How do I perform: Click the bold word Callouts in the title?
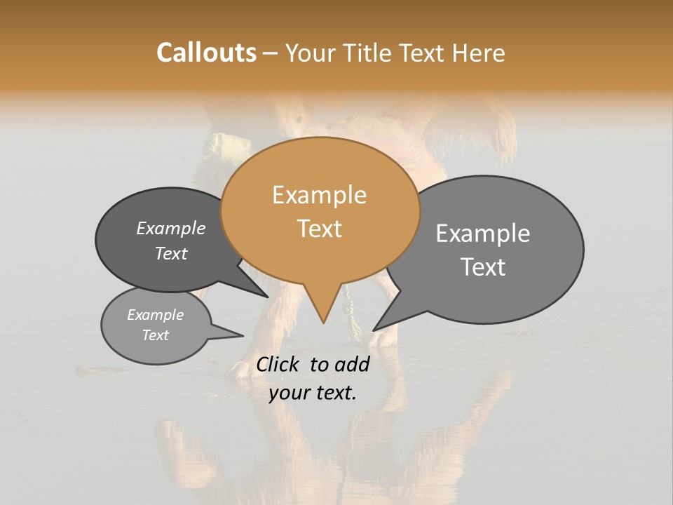pos(206,53)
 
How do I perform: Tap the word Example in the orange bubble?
pos(319,195)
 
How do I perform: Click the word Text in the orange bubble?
pos(319,229)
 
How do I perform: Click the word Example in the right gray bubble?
pos(483,234)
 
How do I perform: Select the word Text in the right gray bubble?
pos(483,267)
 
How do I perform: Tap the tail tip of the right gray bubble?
pos(374,330)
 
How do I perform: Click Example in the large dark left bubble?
pos(170,229)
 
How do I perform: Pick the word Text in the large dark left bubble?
pos(170,253)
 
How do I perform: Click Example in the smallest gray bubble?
pos(155,315)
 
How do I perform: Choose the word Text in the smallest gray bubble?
pos(155,335)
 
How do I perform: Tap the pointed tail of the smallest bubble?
pos(243,335)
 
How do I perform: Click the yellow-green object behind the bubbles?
pos(229,147)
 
